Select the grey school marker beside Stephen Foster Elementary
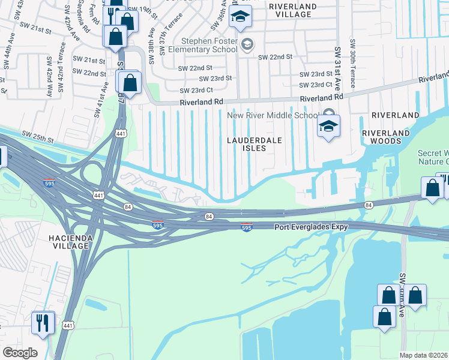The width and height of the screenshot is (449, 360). [x=247, y=44]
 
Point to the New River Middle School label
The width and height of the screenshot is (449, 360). [x=273, y=115]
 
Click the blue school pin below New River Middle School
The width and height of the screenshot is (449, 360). [x=328, y=127]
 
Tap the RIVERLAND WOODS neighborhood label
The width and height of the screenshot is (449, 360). [x=385, y=137]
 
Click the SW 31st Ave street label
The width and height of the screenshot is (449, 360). [x=338, y=65]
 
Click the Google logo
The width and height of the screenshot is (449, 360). [x=20, y=352]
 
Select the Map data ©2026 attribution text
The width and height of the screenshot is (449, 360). [x=423, y=355]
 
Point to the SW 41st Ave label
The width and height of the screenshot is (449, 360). [x=101, y=99]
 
